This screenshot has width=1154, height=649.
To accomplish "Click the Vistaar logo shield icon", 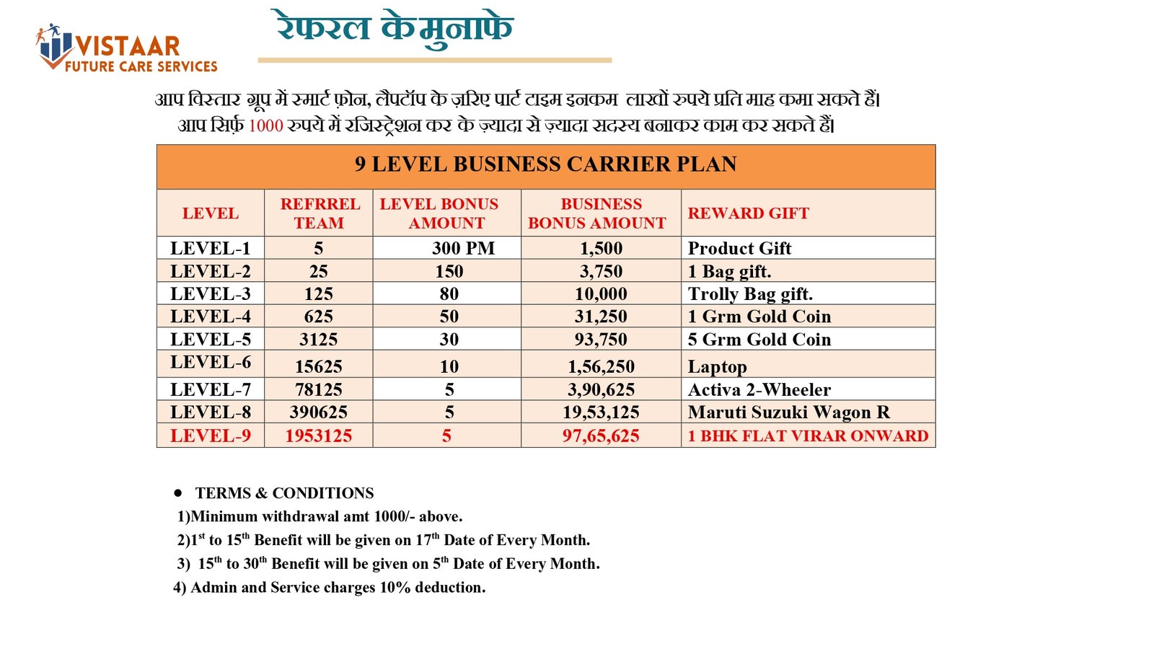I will point(54,47).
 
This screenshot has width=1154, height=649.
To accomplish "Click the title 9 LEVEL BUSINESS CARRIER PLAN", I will point(545,164).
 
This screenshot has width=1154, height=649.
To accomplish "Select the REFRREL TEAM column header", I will point(320,213).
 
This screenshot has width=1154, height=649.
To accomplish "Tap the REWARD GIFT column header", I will point(748,213).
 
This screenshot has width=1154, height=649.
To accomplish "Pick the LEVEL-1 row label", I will point(211,248).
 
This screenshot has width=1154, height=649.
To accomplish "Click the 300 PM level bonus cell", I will point(463,248).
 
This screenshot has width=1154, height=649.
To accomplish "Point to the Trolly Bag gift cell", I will point(750,293).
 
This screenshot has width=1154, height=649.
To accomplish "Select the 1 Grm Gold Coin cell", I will point(759,317).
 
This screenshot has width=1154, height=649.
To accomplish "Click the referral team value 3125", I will point(319,340).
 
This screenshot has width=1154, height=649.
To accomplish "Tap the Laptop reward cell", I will point(717,366).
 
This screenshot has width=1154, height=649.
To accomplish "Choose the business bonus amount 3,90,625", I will point(601,389).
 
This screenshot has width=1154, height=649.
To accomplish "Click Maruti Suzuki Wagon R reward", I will point(788,412).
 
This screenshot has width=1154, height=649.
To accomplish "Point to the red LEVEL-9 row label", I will point(211,436).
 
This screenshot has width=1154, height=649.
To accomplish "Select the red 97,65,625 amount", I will point(601,436).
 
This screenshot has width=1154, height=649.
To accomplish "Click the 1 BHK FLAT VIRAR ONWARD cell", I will point(808,436).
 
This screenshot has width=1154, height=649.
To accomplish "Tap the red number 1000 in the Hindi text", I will point(265,126).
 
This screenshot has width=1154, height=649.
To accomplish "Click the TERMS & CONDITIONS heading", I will point(284,493).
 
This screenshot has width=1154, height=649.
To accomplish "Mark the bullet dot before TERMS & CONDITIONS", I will point(177,493).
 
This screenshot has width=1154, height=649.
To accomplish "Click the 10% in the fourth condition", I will point(395,588).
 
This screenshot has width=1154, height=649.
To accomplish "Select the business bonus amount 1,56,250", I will point(601,366).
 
